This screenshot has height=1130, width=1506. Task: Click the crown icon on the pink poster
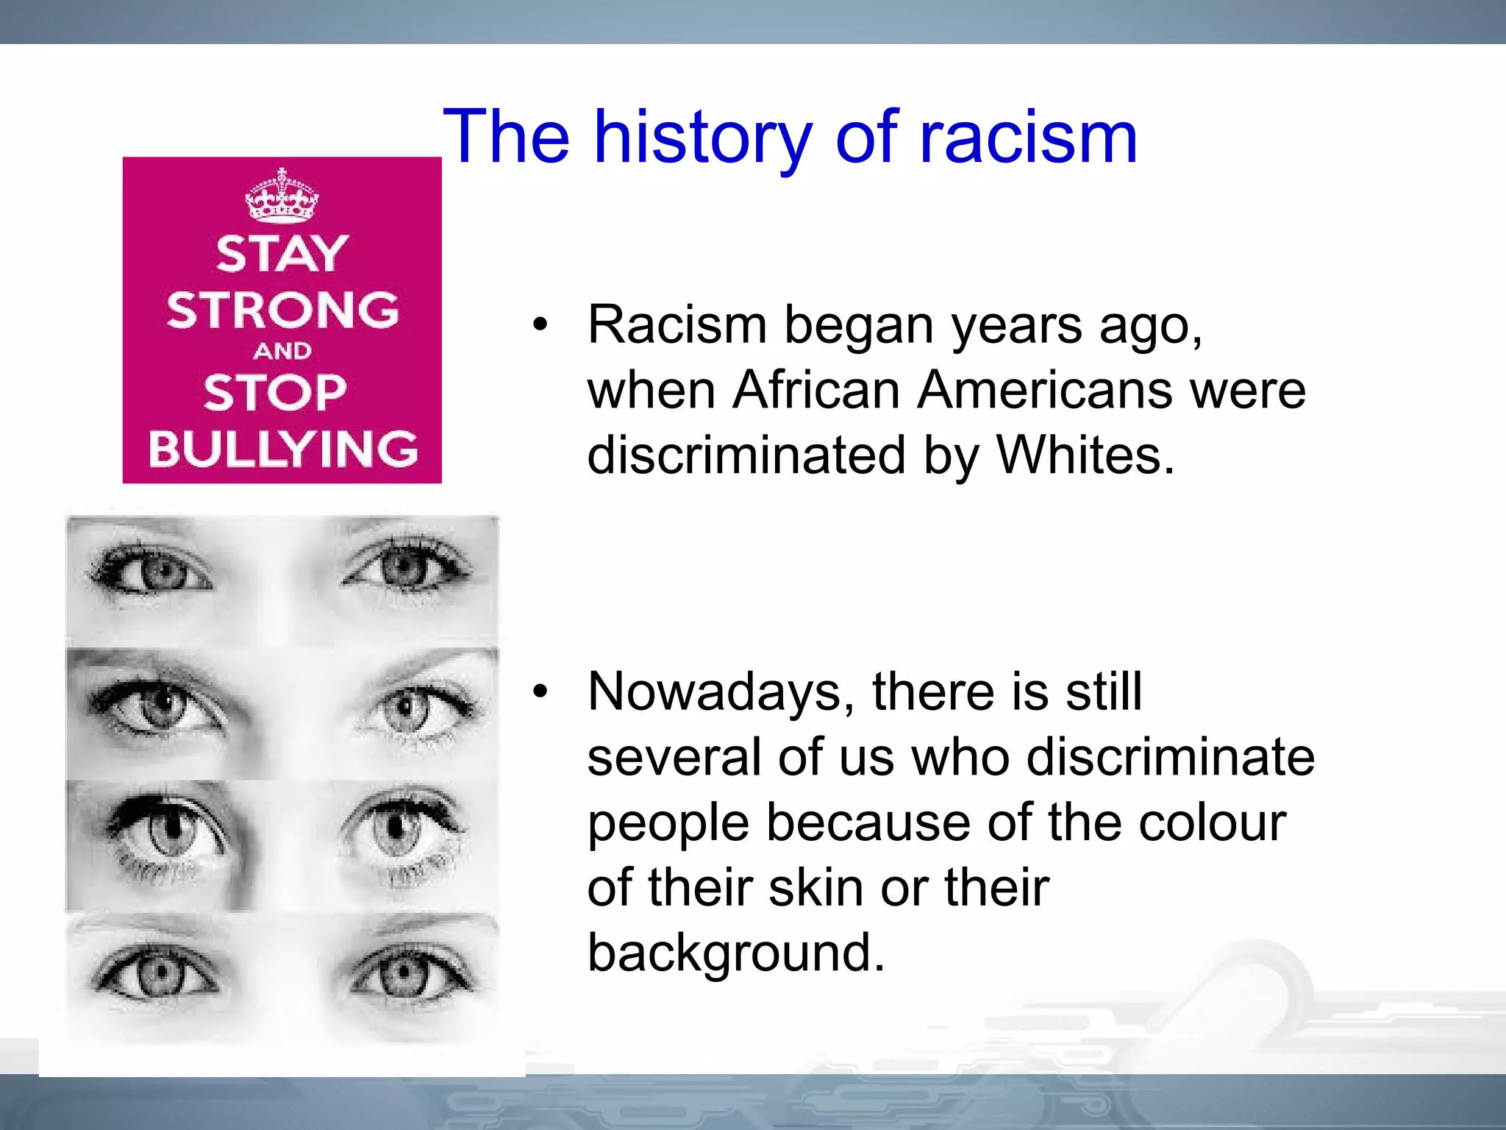click(x=282, y=196)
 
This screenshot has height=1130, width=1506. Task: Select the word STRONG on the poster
click(x=282, y=310)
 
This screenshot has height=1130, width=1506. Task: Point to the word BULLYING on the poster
click(x=282, y=448)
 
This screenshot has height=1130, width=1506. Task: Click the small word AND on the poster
click(x=282, y=351)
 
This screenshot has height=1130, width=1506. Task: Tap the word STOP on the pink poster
click(x=275, y=392)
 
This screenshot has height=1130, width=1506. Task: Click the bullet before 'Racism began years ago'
click(x=540, y=324)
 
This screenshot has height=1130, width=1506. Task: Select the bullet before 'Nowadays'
click(x=540, y=692)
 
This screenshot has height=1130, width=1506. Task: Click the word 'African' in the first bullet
click(x=816, y=390)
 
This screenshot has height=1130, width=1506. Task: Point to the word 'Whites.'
click(x=1085, y=455)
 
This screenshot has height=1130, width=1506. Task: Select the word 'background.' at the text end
click(x=736, y=953)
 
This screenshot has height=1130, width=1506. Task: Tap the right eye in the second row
click(x=408, y=709)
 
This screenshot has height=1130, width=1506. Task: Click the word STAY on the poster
click(x=282, y=254)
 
